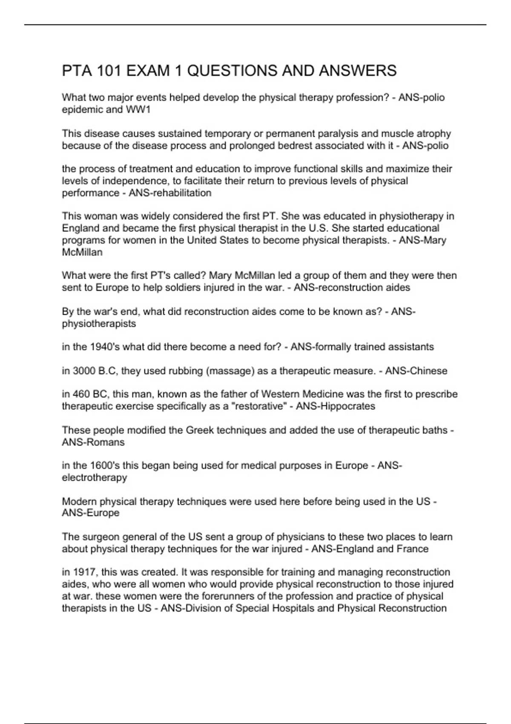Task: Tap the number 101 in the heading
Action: click(109, 71)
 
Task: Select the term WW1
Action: click(138, 110)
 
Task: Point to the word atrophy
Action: click(433, 134)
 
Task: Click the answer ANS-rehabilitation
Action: click(170, 193)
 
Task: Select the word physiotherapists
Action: click(99, 324)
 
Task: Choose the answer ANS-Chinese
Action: click(416, 371)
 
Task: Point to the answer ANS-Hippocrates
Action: click(336, 406)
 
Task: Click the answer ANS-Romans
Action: click(93, 442)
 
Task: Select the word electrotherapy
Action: click(95, 478)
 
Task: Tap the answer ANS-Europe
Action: click(91, 513)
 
